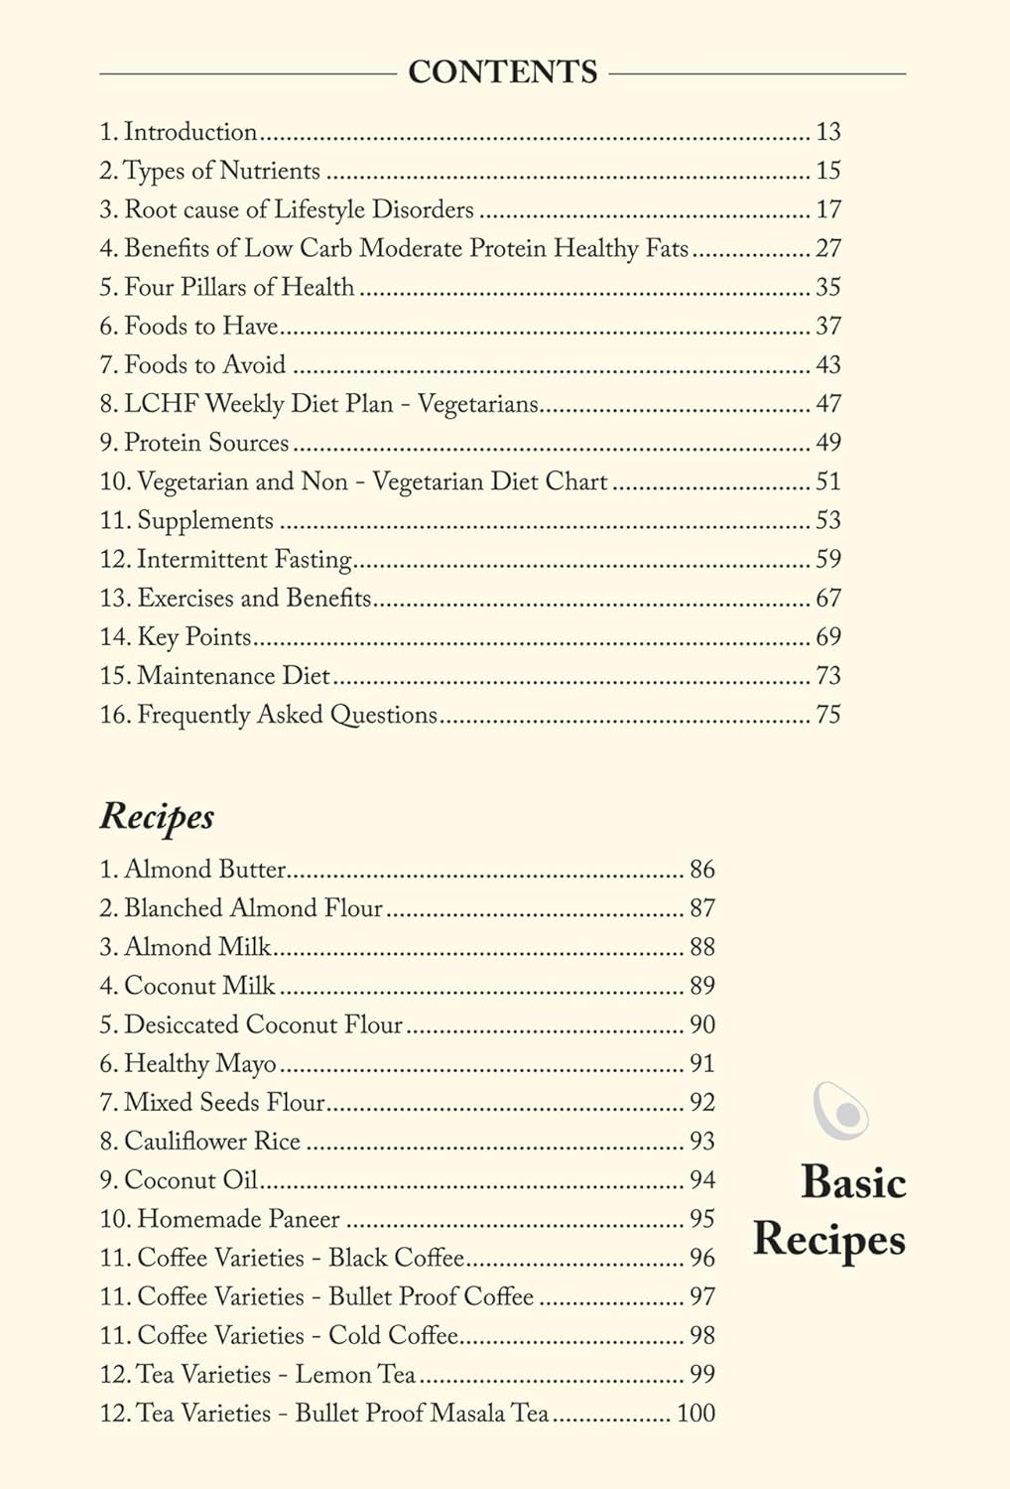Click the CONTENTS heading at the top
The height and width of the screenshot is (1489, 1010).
tap(503, 72)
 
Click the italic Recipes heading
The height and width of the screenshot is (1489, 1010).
tap(157, 816)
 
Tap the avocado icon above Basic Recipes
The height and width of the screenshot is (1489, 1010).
tap(840, 1110)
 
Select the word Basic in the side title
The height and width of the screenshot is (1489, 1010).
tap(853, 1182)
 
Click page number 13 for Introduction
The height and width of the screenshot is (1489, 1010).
tap(827, 132)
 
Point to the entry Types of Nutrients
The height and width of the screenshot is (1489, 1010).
tap(221, 171)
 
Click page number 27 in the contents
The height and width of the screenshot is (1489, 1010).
tap(827, 248)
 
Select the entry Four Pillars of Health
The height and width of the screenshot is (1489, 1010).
tap(238, 287)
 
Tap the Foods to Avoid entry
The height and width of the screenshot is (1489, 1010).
tap(204, 364)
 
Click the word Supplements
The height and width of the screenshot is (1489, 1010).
tap(204, 520)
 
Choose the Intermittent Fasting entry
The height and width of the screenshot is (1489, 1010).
tap(244, 559)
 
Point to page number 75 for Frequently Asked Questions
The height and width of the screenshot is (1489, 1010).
tap(827, 715)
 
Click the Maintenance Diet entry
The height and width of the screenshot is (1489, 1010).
tap(233, 676)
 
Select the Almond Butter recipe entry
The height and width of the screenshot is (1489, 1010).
tap(204, 870)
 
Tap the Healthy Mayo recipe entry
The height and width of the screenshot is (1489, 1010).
tap(199, 1063)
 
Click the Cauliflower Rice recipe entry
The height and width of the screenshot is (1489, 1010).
tap(211, 1141)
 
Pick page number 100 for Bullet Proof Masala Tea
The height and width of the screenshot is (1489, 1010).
tap(695, 1413)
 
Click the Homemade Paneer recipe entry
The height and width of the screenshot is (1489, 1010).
tap(238, 1218)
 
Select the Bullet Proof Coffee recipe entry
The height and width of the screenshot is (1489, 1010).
tap(335, 1296)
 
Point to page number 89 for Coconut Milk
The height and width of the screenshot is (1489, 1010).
tap(702, 986)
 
